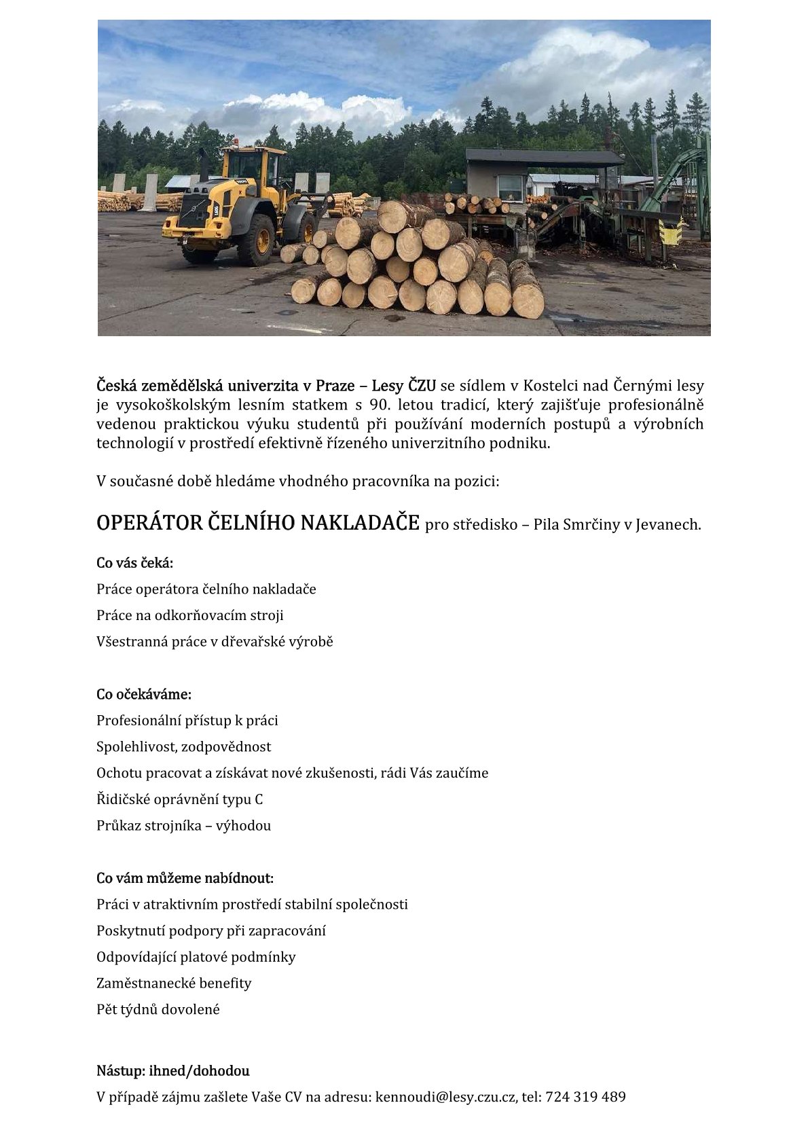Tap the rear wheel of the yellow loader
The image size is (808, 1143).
coord(255,239)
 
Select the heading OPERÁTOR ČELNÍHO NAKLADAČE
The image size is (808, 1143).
coord(258,523)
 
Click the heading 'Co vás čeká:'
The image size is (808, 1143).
coord(135,563)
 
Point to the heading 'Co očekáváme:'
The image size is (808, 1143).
coord(144,694)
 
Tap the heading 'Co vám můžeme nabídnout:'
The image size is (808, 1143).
coord(185,878)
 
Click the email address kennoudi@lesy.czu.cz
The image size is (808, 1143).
coord(445,1097)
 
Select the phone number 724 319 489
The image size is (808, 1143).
coord(585,1097)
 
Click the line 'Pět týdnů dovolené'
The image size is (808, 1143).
coord(158,1009)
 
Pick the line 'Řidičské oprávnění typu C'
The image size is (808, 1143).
coord(180,799)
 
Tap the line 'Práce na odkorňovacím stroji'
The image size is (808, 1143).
coord(190,615)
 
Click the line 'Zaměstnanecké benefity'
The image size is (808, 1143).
coord(174,983)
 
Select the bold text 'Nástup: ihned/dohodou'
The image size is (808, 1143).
coord(173,1071)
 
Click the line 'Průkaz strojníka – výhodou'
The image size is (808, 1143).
coord(183,826)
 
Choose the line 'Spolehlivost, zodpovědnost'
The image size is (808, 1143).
coord(183,747)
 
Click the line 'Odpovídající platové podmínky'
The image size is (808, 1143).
coord(196,957)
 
